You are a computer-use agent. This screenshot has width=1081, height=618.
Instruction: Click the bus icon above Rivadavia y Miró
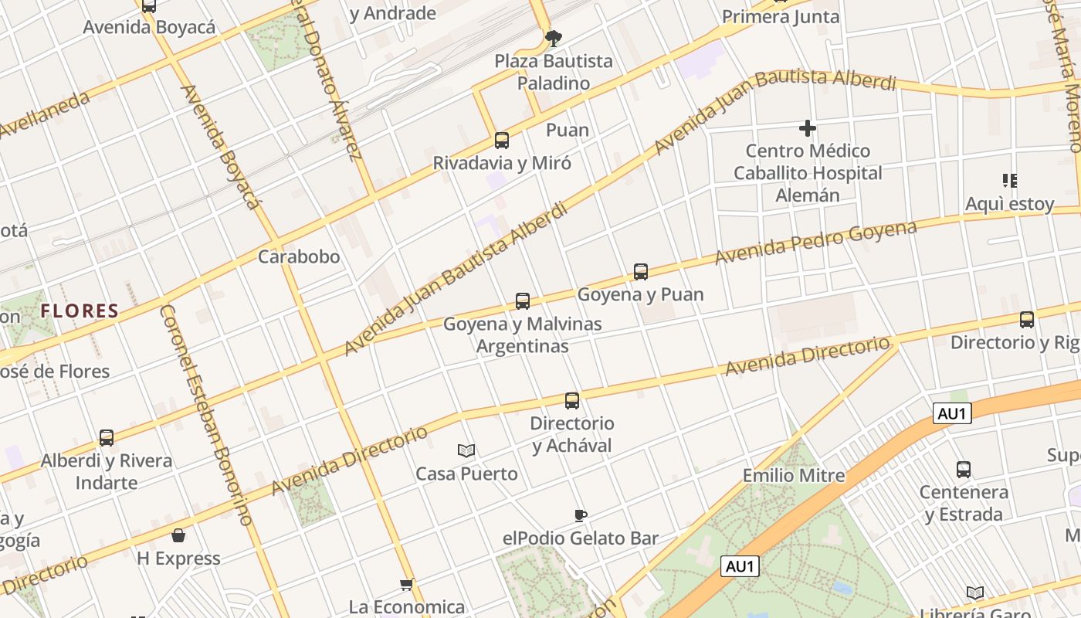click(x=502, y=141)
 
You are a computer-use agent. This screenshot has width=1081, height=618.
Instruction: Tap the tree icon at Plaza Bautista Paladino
click(x=553, y=38)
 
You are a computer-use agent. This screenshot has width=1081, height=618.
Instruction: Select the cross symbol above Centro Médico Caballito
click(x=808, y=127)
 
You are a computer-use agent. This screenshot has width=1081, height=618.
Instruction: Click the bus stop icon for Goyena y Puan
click(x=641, y=272)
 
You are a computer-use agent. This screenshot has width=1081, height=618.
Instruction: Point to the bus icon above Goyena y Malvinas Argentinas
click(x=523, y=301)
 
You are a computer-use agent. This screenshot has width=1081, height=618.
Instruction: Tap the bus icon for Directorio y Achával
click(x=572, y=401)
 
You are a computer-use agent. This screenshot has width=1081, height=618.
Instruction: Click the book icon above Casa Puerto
click(x=466, y=450)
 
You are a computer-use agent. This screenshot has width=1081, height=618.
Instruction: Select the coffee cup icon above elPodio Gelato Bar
click(x=581, y=515)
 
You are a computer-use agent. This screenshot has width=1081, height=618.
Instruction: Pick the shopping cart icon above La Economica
click(x=407, y=584)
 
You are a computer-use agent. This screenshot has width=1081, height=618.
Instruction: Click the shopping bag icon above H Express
click(x=178, y=535)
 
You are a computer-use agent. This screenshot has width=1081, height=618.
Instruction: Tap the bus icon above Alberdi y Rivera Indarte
click(x=107, y=438)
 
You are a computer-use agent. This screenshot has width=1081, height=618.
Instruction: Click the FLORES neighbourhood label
click(x=80, y=311)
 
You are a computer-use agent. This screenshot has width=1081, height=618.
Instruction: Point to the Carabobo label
click(x=299, y=256)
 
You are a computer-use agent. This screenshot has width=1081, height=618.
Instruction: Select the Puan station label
click(x=568, y=130)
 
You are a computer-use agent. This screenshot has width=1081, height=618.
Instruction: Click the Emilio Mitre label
click(x=794, y=475)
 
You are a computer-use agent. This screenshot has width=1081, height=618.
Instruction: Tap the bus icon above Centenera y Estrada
click(x=964, y=469)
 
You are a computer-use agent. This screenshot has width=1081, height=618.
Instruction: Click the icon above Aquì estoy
click(x=1009, y=181)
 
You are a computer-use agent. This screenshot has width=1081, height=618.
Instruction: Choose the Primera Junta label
click(x=781, y=17)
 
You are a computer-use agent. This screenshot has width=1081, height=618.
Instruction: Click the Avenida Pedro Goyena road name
click(x=815, y=242)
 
